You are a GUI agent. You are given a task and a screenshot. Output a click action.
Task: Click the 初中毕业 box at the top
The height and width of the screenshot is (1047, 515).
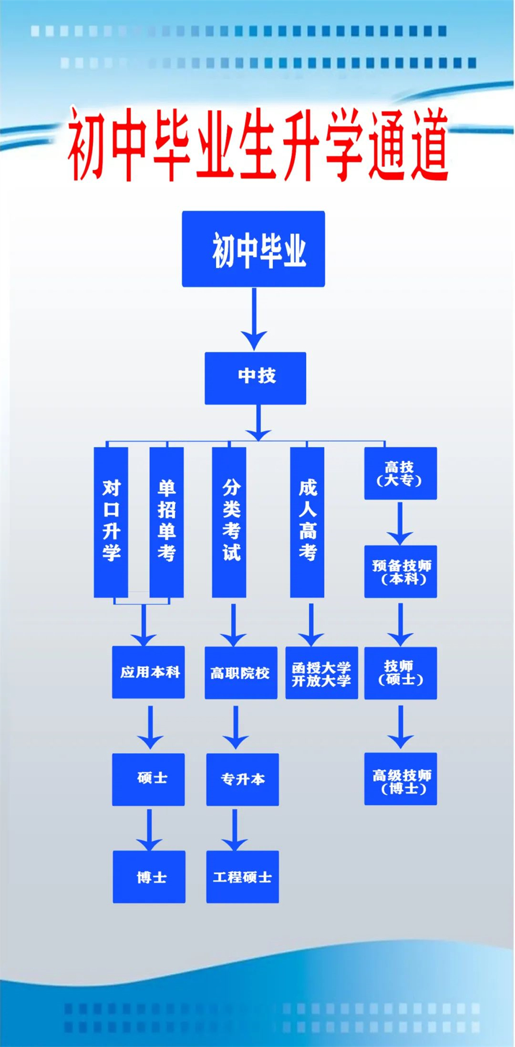click(x=253, y=249)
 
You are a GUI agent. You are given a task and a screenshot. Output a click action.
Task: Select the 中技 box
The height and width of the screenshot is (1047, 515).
click(x=255, y=378)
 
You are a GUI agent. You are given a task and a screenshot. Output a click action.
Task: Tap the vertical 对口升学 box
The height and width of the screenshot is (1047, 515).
click(x=111, y=521)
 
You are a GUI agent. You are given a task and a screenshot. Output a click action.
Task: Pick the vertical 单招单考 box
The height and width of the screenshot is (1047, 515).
click(x=167, y=521)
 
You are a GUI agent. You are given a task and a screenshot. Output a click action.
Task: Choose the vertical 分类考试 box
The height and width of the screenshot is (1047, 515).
click(x=229, y=521)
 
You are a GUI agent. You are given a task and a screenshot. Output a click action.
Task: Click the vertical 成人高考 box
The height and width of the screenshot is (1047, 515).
click(x=307, y=521)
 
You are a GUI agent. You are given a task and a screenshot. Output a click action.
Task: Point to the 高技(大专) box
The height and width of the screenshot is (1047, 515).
click(x=401, y=473)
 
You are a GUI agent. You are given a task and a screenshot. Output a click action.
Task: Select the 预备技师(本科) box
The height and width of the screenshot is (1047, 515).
click(x=401, y=572)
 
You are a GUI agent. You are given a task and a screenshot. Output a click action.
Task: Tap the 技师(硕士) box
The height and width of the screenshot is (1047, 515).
click(x=401, y=673)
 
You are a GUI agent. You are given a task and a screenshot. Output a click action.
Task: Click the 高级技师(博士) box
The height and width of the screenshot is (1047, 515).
click(x=401, y=779)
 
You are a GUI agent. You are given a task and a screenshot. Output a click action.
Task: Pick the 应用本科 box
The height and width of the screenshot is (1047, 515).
click(x=148, y=672)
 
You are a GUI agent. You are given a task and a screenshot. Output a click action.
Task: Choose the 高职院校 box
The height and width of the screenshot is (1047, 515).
click(x=241, y=673)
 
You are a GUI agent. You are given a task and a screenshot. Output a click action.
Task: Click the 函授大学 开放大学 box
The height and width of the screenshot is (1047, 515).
click(x=322, y=673)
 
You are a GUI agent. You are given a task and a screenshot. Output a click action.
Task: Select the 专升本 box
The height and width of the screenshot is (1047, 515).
click(x=243, y=779)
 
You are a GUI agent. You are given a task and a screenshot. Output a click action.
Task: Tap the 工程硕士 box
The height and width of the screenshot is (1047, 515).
click(x=243, y=877)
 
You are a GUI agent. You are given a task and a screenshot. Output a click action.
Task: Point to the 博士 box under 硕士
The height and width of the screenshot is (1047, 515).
click(x=149, y=877)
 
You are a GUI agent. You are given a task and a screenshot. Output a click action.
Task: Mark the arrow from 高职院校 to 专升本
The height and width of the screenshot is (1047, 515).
click(x=236, y=727)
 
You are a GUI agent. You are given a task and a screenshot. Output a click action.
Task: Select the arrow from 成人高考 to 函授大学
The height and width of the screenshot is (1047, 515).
click(x=311, y=624)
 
